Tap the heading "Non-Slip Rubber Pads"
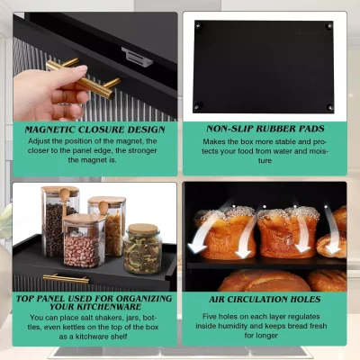[x=265, y=130]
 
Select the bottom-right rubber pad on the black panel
[x=330, y=108]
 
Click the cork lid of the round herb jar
[x=143, y=230]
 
